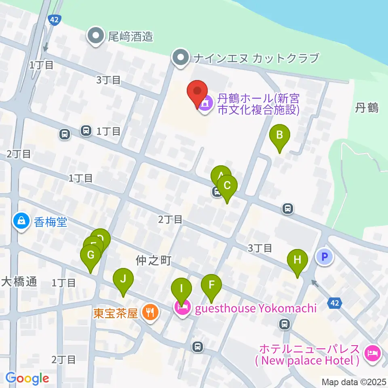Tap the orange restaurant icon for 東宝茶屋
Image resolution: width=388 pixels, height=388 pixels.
(x=151, y=313)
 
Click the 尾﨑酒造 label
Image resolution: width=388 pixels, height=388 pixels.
(x=130, y=37)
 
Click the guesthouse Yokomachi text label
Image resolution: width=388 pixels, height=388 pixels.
(x=255, y=309)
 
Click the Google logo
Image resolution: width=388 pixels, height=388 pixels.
(x=27, y=378)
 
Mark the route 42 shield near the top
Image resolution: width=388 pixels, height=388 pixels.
(x=53, y=19)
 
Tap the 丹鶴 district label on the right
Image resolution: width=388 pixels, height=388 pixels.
(x=367, y=108)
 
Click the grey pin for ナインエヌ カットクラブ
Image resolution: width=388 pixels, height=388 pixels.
(x=181, y=58)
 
